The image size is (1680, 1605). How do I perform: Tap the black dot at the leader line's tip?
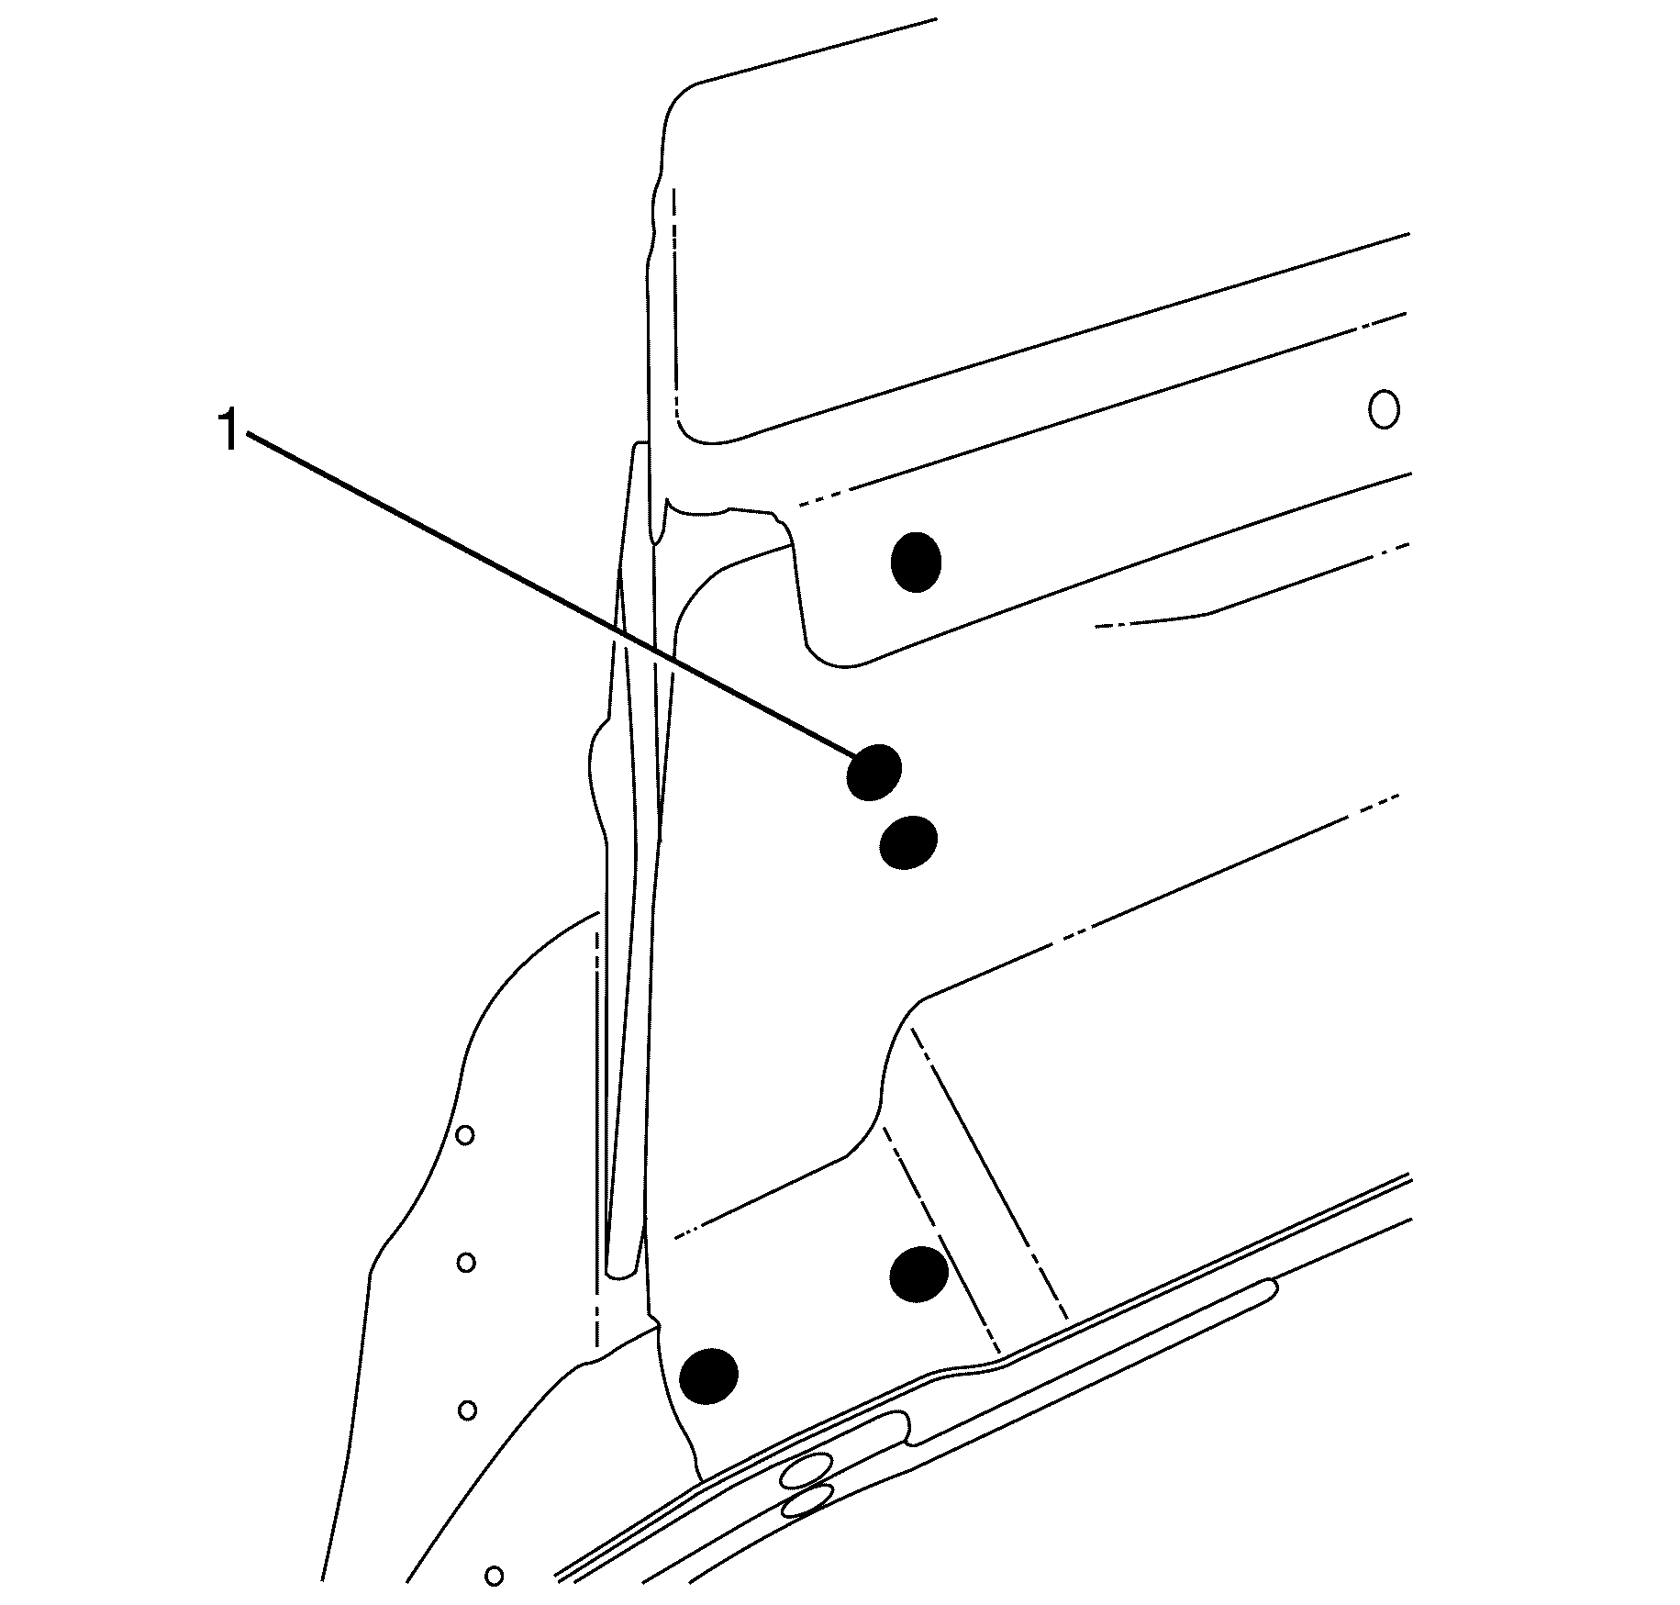(873, 772)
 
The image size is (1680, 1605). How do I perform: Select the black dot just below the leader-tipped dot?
(908, 842)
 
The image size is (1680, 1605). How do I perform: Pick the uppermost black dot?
(916, 562)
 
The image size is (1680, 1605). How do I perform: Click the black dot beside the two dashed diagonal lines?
(919, 1274)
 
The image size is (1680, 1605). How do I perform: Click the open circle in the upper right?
(1384, 408)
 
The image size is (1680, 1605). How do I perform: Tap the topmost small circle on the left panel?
(465, 1136)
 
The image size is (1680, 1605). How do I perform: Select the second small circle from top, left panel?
(466, 1263)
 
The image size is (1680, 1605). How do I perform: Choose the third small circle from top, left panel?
(467, 1410)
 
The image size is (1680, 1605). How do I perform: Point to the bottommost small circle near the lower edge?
(495, 1576)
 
